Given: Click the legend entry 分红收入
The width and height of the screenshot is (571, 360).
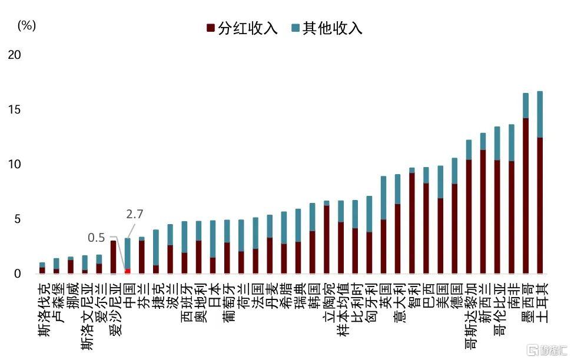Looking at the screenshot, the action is click(x=242, y=28).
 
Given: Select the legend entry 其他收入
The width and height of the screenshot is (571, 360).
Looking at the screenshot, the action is click(x=327, y=28).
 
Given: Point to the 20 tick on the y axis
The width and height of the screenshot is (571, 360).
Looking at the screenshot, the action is click(x=15, y=55).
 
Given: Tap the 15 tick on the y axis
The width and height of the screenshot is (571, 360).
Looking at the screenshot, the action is click(x=15, y=109).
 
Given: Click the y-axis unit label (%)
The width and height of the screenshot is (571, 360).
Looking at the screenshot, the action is click(x=26, y=25).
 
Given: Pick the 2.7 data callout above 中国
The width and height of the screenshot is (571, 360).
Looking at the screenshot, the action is click(x=135, y=214).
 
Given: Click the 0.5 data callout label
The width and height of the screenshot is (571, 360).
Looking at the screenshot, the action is click(x=97, y=238).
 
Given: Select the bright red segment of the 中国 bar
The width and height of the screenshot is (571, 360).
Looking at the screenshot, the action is click(x=128, y=271).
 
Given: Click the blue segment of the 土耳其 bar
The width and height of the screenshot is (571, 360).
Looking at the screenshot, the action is click(x=540, y=114).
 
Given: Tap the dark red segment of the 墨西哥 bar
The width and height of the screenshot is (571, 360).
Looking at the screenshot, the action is click(x=526, y=196).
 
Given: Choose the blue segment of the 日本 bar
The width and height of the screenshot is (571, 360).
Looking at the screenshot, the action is click(x=213, y=239).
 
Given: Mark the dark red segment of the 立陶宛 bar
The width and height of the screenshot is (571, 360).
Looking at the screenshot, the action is click(x=327, y=239).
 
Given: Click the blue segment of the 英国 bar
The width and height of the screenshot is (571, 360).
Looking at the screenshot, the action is click(x=383, y=198).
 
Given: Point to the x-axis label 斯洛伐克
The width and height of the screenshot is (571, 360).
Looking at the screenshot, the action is click(x=45, y=309).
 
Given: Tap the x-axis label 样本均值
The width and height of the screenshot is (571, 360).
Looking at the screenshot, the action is click(x=343, y=309).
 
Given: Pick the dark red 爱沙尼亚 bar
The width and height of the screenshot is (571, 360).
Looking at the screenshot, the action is click(x=113, y=257).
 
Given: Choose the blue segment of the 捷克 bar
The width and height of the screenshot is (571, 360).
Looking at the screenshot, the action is click(x=156, y=248).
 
